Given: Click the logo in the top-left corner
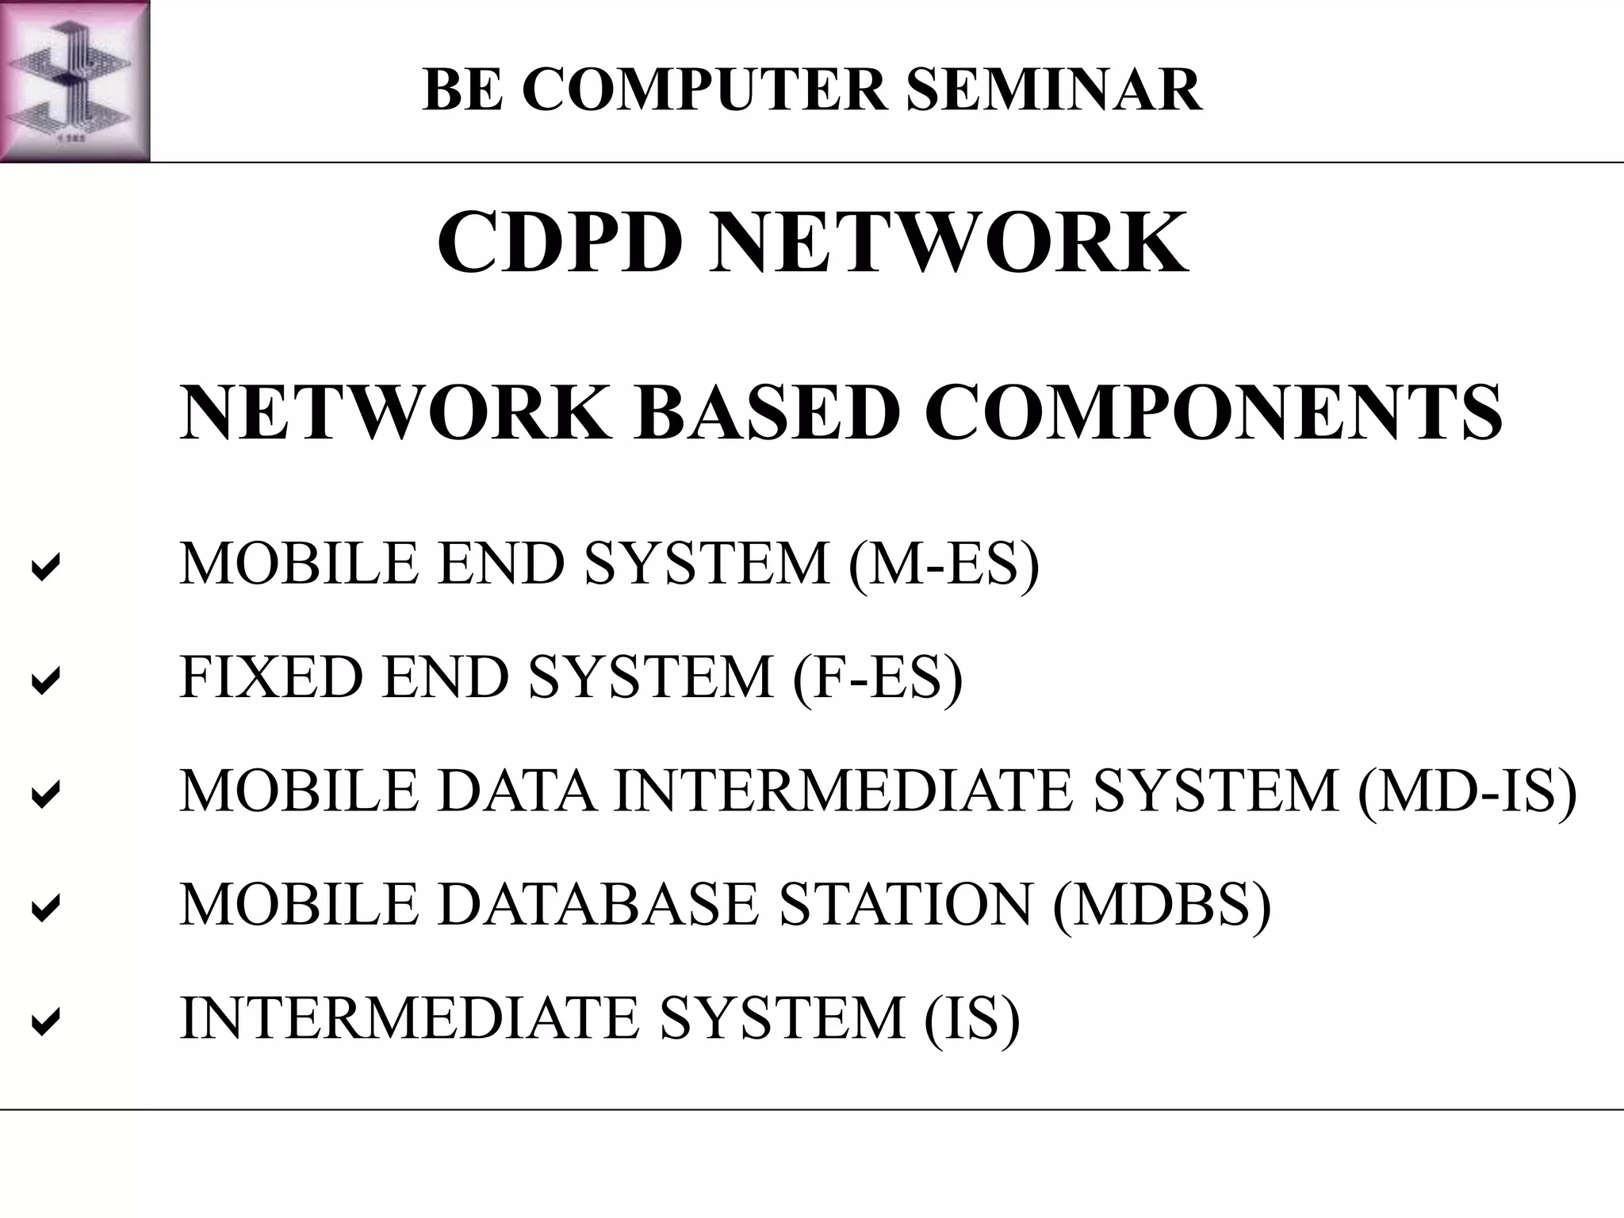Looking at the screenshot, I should pyautogui.click(x=75, y=81).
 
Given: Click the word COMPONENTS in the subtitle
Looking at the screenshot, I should pyautogui.click(x=1213, y=412).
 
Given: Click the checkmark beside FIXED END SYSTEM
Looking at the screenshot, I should pyautogui.click(x=45, y=680).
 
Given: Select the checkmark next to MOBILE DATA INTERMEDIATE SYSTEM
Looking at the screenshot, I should pyautogui.click(x=45, y=794).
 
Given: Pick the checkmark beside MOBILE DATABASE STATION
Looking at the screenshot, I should pyautogui.click(x=45, y=907).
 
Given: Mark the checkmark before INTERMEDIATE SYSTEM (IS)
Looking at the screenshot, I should pyautogui.click(x=45, y=1021).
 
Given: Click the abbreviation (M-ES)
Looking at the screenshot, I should pyautogui.click(x=944, y=564).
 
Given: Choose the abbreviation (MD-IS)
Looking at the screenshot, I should pyautogui.click(x=1467, y=791).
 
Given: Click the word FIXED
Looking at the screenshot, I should pyautogui.click(x=270, y=676).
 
